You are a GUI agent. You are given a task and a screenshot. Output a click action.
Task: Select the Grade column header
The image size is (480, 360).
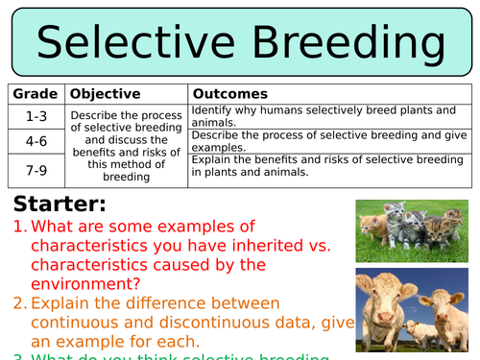pos(33,94)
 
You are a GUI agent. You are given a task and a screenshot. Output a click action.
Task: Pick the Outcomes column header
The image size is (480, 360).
pos(230,94)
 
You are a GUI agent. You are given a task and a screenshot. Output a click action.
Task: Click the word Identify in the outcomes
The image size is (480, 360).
pos(213,110)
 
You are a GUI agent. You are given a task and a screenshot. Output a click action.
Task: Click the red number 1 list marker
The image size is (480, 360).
pos(20,227)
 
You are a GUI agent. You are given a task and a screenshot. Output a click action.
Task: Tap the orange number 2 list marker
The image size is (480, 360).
pos(20,303)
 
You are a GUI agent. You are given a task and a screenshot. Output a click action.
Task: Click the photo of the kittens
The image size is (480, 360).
pos(412,229)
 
